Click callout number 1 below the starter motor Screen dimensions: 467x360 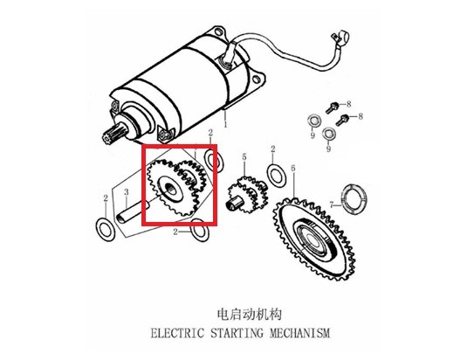tap(225, 124)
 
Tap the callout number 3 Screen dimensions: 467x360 tap(127, 192)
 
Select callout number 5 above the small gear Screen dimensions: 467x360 tap(244, 156)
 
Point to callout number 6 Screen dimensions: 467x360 tap(293, 168)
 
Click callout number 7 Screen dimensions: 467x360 tap(332, 204)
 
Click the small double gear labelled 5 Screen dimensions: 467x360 tap(248, 195)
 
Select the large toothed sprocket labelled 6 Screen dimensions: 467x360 tap(313, 239)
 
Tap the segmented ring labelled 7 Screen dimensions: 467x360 tap(354, 199)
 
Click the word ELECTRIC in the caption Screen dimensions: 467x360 tap(177, 333)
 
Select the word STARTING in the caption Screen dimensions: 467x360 tap(237, 333)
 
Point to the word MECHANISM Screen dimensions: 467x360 tap(300, 333)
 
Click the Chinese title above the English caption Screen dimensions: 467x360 tap(250, 315)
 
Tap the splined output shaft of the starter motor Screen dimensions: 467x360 tap(112, 135)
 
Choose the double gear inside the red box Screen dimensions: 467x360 tap(177, 187)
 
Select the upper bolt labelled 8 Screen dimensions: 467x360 tap(331, 107)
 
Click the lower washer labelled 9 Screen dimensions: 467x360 tap(329, 134)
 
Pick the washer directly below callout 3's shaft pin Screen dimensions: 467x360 tap(105, 229)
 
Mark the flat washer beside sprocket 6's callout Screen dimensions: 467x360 tap(277, 174)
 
